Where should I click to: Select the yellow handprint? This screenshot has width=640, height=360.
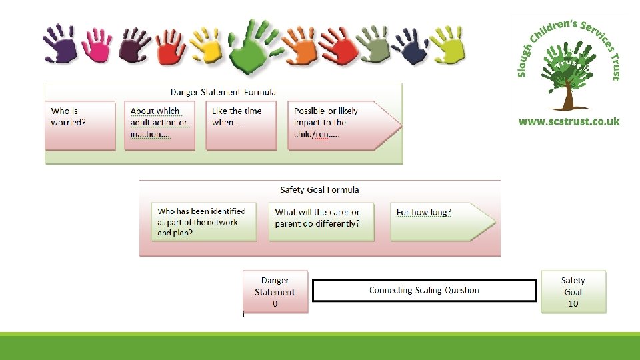tap(205, 44)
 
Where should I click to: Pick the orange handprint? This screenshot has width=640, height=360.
tap(298, 45)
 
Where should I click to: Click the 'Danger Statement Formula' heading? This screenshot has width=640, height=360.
tap(223, 92)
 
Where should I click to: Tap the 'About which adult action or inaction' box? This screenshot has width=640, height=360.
tap(160, 125)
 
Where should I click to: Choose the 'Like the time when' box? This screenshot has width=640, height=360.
tap(241, 125)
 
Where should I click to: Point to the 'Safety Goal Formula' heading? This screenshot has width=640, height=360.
tap(319, 190)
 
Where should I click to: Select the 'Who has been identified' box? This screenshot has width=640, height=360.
tap(203, 222)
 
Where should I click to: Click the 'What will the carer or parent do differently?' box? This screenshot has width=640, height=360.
tap(321, 222)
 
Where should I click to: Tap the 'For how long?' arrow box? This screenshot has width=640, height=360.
tap(437, 222)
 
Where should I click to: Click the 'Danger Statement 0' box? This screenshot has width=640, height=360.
tap(275, 291)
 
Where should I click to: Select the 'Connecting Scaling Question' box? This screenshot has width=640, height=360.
tap(424, 291)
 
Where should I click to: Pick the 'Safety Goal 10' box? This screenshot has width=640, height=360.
tap(573, 291)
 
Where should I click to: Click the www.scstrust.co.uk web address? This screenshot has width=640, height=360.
tap(569, 121)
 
